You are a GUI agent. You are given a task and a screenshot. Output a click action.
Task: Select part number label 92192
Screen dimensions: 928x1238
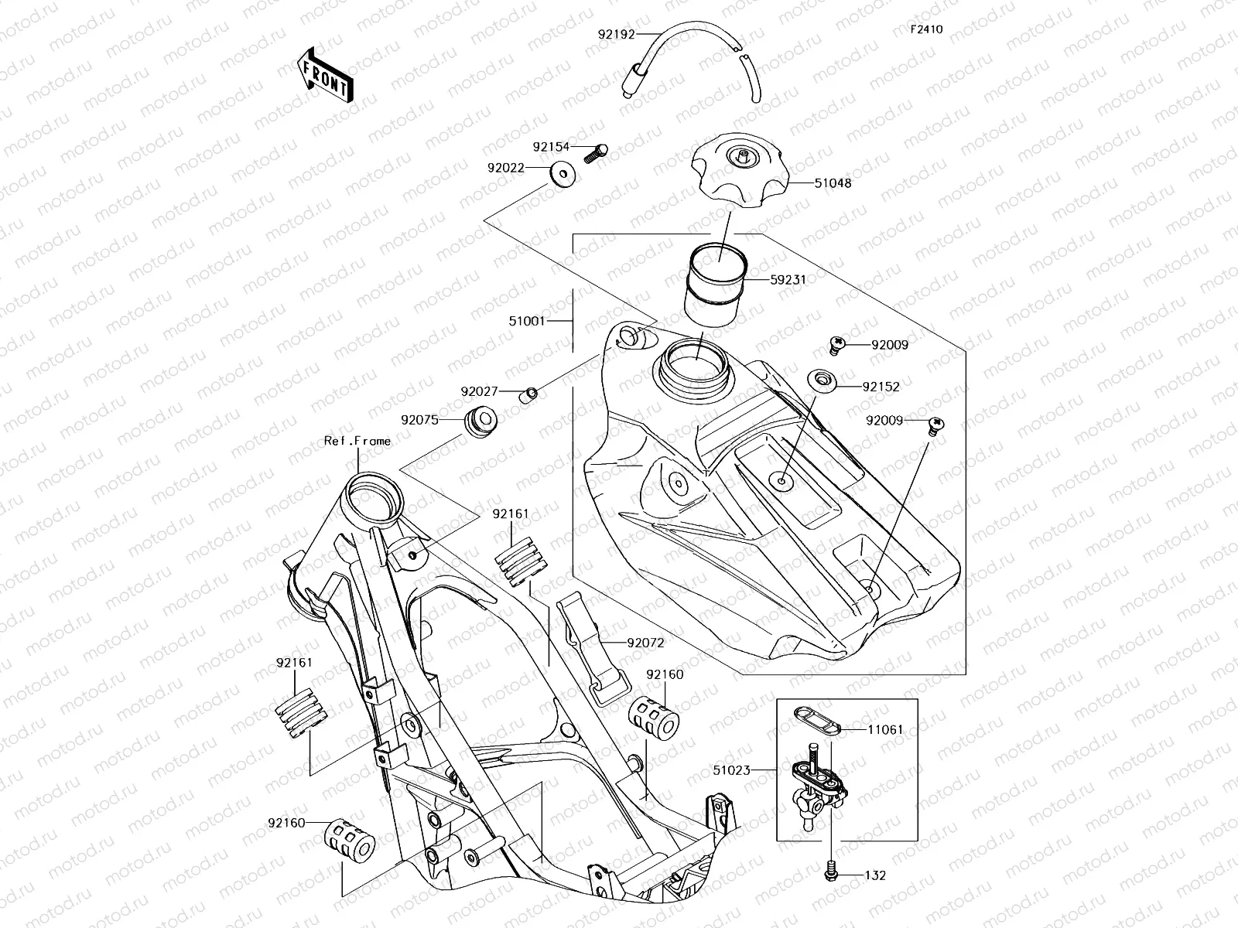pos(616,34)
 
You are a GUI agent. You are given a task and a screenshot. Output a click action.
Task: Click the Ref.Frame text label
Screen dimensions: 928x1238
pos(357,441)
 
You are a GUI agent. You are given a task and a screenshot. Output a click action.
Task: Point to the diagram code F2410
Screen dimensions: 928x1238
pos(926,29)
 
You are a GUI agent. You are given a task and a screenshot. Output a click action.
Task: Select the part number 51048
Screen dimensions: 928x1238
pos(833,184)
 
